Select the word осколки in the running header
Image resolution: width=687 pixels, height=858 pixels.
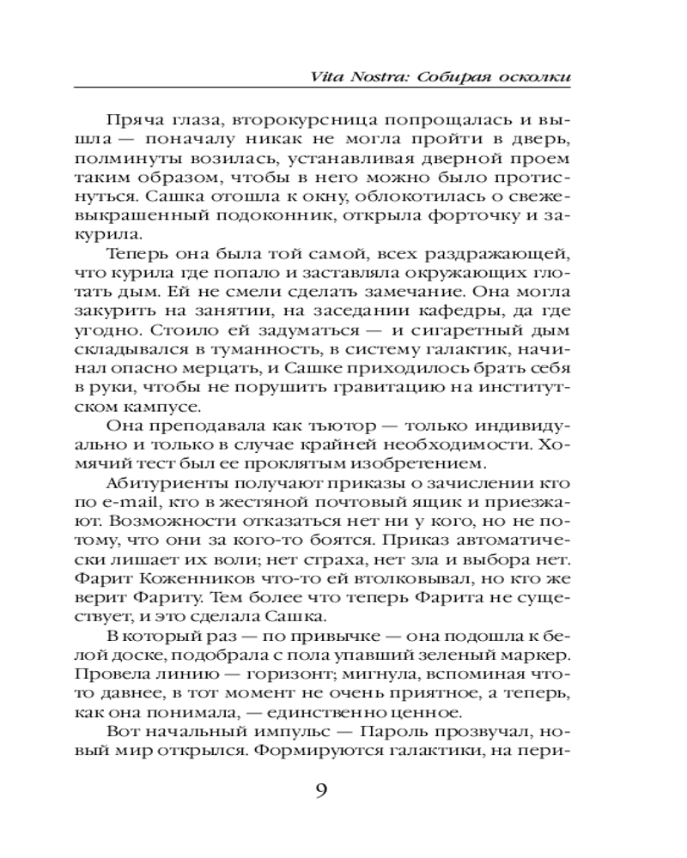tap(536, 75)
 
